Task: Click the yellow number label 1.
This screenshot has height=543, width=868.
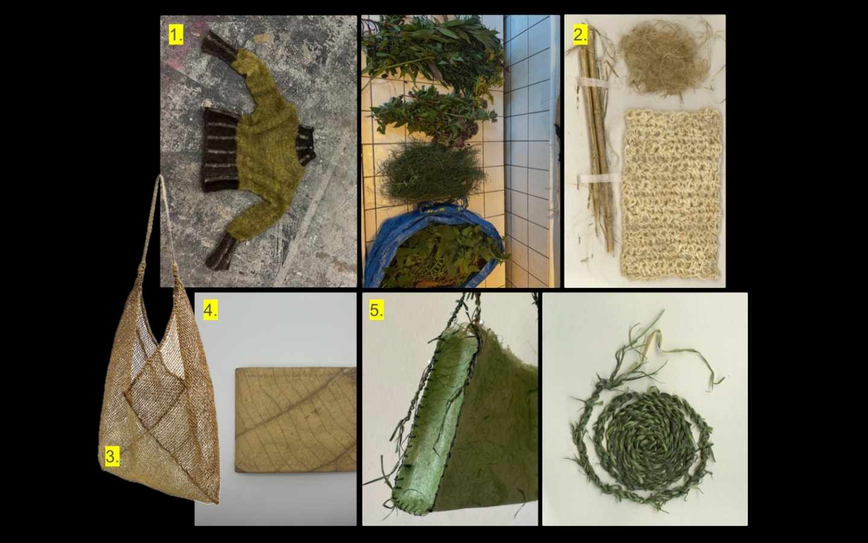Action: click(x=176, y=36)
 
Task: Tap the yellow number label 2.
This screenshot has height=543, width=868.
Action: click(x=580, y=35)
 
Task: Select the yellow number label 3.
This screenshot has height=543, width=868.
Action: click(x=112, y=457)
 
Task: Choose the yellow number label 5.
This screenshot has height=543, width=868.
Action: click(x=376, y=311)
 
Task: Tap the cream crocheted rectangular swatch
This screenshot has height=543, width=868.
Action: click(x=671, y=194)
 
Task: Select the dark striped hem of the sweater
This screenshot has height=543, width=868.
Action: click(x=220, y=150)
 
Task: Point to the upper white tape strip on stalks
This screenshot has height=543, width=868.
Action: click(x=593, y=83)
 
